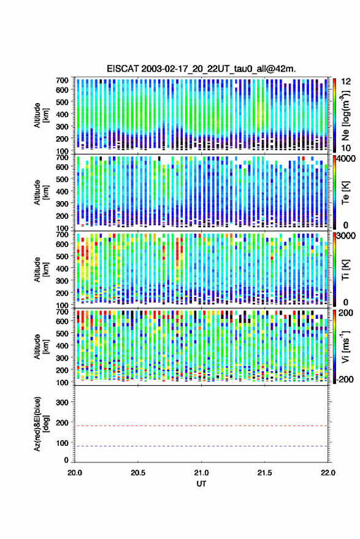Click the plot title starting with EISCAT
click(x=201, y=69)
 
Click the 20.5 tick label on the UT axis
click(x=138, y=473)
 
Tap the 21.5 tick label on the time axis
click(x=264, y=473)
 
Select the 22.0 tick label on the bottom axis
click(x=327, y=473)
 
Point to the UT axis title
click(x=201, y=484)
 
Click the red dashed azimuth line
click(x=201, y=426)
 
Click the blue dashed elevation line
click(x=201, y=446)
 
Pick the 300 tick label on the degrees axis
click(x=62, y=402)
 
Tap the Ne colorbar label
click(x=345, y=115)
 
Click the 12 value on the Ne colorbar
click(x=346, y=82)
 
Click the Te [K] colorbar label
click(x=345, y=193)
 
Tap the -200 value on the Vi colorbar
click(x=345, y=379)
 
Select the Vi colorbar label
click(x=345, y=346)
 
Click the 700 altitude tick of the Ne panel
click(x=62, y=80)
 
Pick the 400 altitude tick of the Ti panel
click(x=62, y=269)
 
